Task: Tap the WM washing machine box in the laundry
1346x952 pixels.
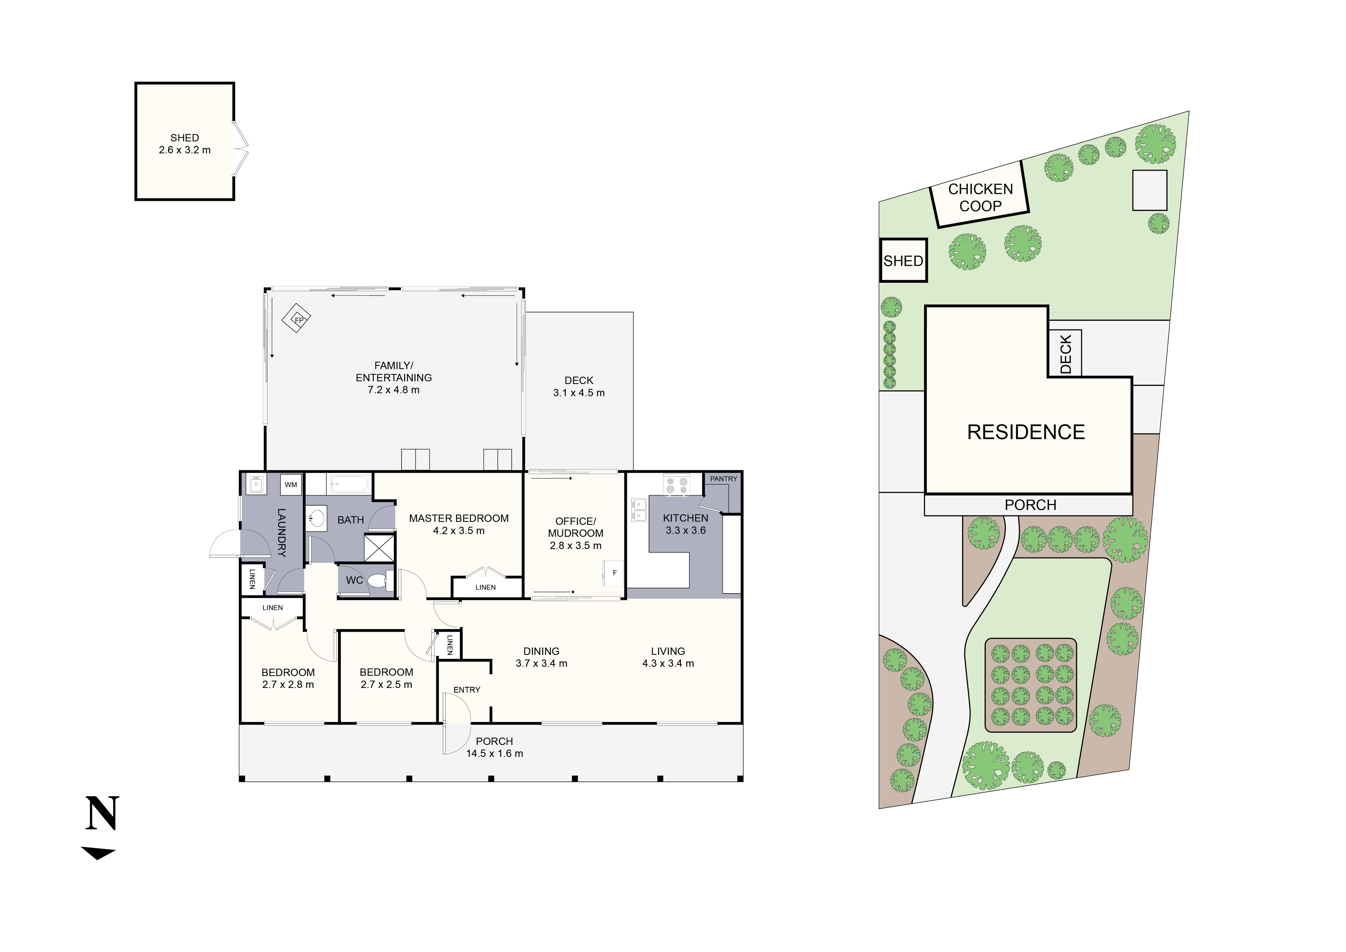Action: pos(291,485)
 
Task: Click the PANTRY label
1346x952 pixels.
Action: pos(723,479)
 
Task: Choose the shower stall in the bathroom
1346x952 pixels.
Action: pos(380,548)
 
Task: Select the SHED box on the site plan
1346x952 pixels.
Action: pos(903,260)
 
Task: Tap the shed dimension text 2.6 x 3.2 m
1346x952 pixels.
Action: pos(185,150)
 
